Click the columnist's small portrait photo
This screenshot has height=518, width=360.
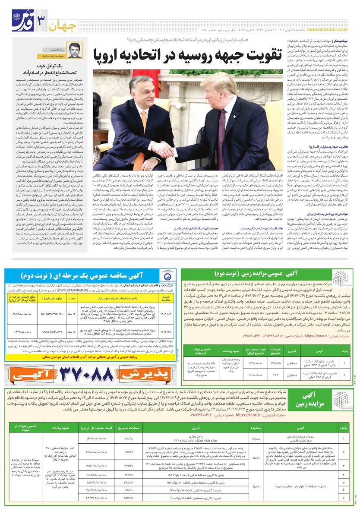(x=75, y=51)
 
